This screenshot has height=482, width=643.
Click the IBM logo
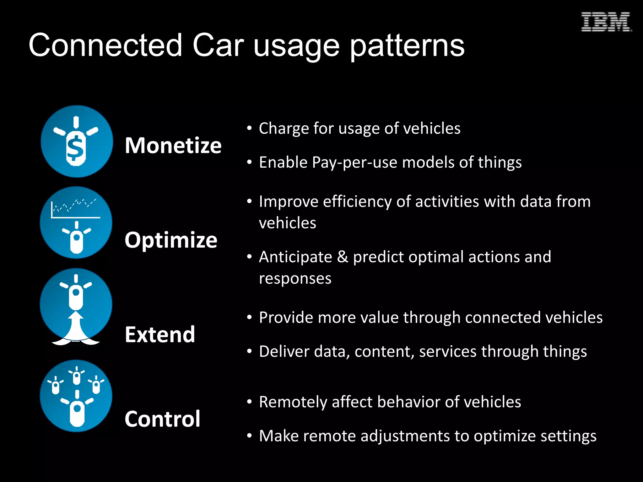click(x=606, y=22)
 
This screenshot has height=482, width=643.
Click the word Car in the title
click(x=218, y=46)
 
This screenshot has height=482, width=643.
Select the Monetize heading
click(x=173, y=146)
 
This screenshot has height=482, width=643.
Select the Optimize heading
click(x=171, y=240)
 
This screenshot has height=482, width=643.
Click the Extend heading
click(x=160, y=335)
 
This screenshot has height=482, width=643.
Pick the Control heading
click(x=162, y=419)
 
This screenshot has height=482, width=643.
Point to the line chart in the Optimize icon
click(x=75, y=208)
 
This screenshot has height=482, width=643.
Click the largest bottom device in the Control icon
click(x=77, y=413)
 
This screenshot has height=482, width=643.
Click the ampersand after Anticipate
click(x=343, y=257)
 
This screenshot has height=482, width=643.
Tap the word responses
click(x=295, y=279)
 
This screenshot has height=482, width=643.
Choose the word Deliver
click(x=284, y=351)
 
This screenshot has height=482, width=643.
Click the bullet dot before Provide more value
click(x=249, y=318)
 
